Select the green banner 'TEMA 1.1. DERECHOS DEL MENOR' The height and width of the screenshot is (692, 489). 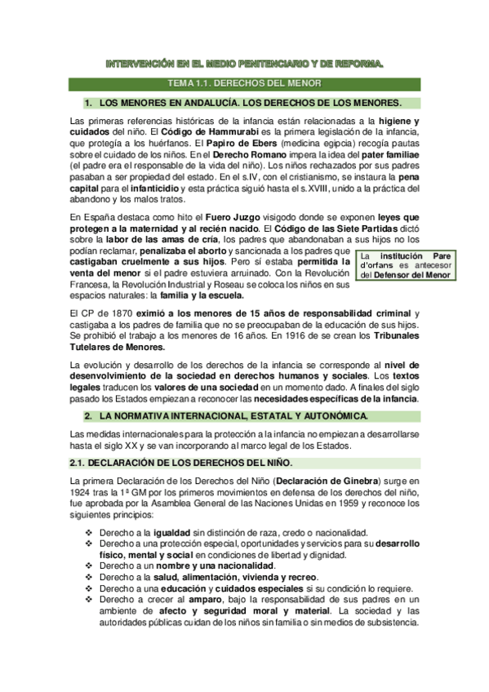(245, 83)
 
